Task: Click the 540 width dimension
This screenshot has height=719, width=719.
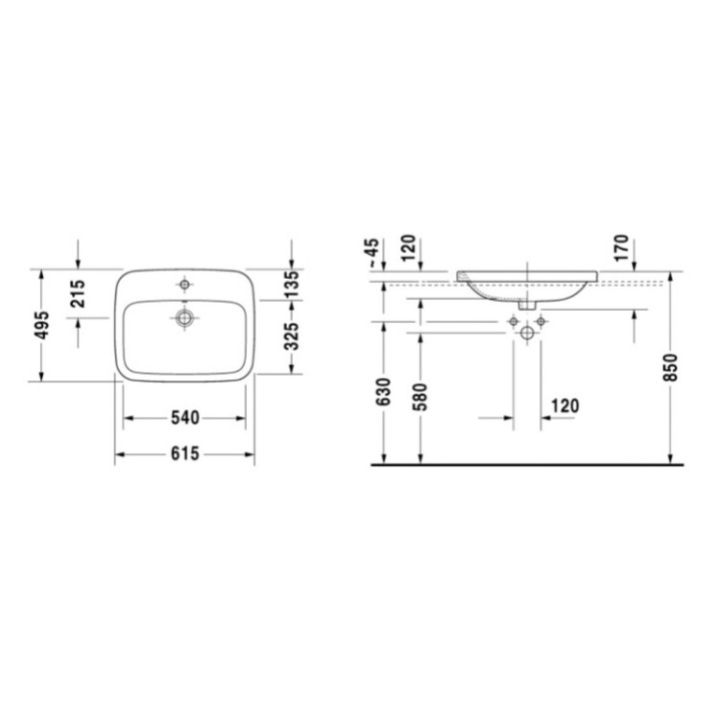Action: pos(186,416)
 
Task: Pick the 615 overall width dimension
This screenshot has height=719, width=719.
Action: pos(186,453)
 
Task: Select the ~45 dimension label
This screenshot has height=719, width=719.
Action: pos(373,252)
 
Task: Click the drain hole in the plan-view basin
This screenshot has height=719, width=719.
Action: pos(185,317)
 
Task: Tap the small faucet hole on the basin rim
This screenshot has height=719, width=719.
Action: pos(185,282)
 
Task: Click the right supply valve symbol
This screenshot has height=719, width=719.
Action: pos(542,322)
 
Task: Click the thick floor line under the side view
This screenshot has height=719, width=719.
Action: pos(526,464)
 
